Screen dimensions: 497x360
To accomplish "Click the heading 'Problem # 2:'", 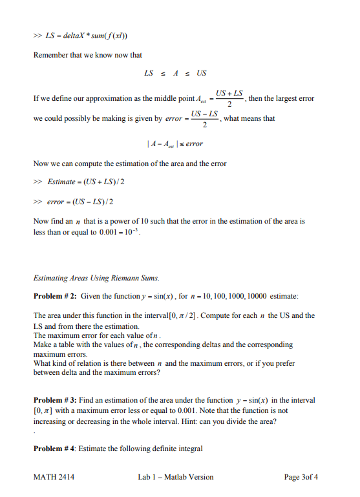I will pyautogui.click(x=55, y=296).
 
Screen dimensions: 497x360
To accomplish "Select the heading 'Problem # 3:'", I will pyautogui.click(x=55, y=401).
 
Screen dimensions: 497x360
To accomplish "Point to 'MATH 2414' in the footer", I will pyautogui.click(x=51, y=478).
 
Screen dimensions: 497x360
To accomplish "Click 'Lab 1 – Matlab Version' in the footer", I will pyautogui.click(x=176, y=478).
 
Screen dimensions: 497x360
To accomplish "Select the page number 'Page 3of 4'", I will pyautogui.click(x=301, y=478).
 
